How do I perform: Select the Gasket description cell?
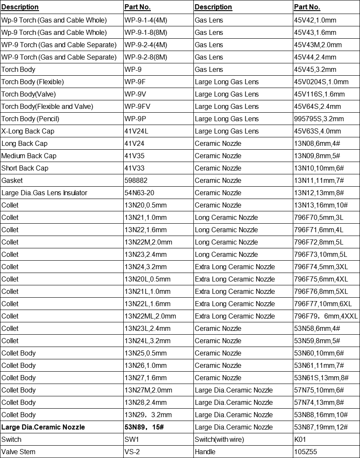[12, 180]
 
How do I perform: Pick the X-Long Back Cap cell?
[28, 131]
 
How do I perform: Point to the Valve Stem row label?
[18, 452]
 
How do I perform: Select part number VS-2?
[132, 452]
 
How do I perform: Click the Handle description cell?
[205, 452]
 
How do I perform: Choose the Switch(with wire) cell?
[219, 439]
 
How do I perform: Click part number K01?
[300, 439]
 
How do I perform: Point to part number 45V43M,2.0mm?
[318, 45]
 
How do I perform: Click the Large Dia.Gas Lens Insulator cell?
[44, 193]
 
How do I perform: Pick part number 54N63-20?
[139, 193]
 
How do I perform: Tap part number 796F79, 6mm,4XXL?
[326, 316]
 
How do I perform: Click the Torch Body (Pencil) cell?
[31, 119]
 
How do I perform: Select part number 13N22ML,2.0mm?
[150, 316]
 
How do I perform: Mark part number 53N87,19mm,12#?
[321, 427]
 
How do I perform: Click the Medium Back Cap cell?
[29, 156]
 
